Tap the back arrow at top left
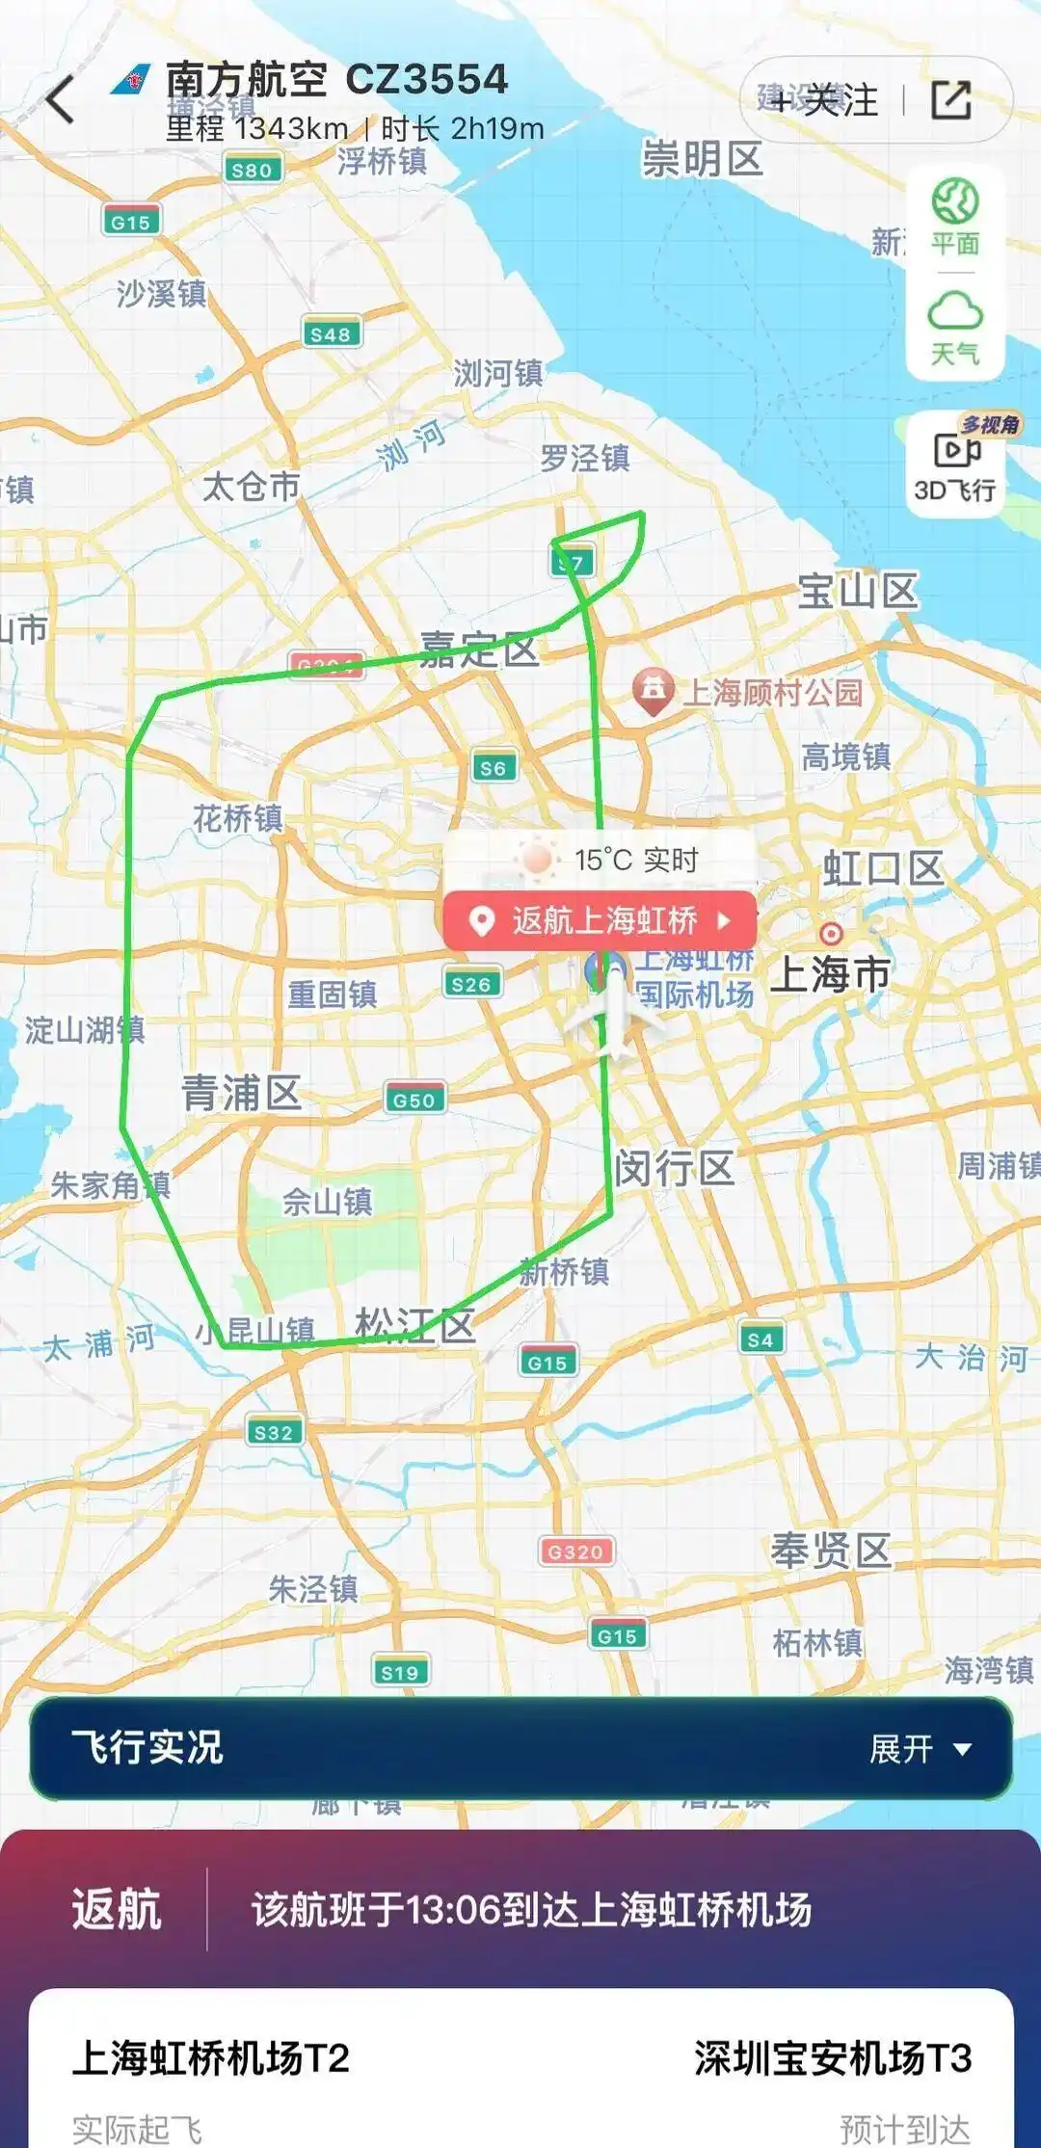tap(61, 99)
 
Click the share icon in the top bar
tap(950, 99)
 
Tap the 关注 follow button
tap(827, 99)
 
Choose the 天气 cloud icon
tap(954, 328)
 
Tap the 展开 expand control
tap(920, 1748)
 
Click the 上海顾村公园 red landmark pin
tap(653, 691)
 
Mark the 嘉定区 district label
tap(479, 650)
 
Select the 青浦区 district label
tap(241, 1093)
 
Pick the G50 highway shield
tap(414, 1100)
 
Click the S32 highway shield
tap(274, 1432)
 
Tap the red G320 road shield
tap(575, 1551)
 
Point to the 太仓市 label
tap(251, 487)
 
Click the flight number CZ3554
tap(426, 79)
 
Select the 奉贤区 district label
tap(830, 1551)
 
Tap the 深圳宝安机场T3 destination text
tap(833, 2058)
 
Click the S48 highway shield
tap(331, 333)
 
